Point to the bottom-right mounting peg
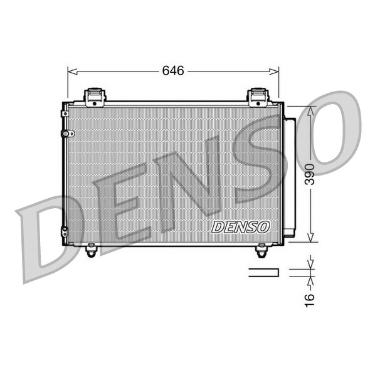(x=261, y=251)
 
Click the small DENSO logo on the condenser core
(x=241, y=226)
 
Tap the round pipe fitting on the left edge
(x=70, y=134)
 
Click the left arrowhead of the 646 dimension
(x=70, y=71)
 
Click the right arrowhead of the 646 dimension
(x=276, y=71)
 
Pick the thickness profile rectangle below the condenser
(x=263, y=272)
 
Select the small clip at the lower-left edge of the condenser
(x=64, y=231)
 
